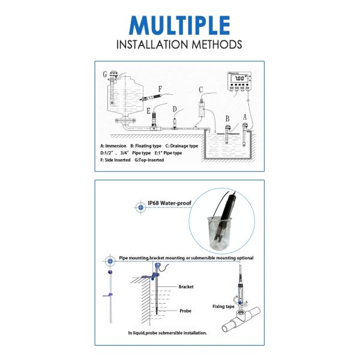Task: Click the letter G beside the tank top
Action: point(105,75)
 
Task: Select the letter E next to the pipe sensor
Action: point(148,110)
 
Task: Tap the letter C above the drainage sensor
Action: point(201,89)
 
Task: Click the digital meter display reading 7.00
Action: point(239,79)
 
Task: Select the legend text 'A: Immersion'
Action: point(113,146)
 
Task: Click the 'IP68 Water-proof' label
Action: point(170,203)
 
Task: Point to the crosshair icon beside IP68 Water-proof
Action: point(141,206)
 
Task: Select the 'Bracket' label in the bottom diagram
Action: point(186,287)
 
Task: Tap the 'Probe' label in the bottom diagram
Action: point(185,311)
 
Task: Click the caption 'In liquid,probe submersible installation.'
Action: point(167,332)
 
